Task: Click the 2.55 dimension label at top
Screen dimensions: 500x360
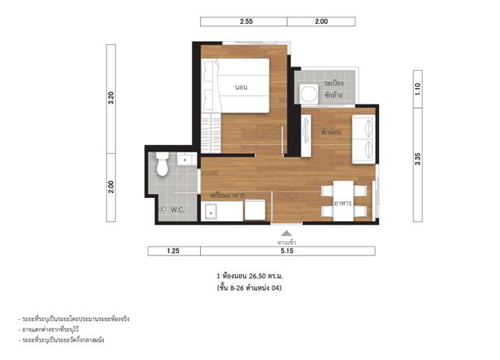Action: coord(246,22)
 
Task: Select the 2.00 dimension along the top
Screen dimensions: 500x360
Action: coord(321,22)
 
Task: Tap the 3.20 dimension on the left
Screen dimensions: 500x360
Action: coord(110,98)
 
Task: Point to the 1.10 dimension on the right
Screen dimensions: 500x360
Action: coord(418,89)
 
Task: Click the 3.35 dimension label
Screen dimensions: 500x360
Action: coord(418,159)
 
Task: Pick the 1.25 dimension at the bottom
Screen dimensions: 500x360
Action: coord(173,251)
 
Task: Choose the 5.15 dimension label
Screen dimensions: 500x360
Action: coord(287,251)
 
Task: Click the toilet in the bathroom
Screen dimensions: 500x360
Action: coord(162,164)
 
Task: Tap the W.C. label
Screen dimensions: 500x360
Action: coord(177,210)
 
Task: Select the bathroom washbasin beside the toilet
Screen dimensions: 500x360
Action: coord(187,159)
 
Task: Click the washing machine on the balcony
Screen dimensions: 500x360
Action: coord(309,94)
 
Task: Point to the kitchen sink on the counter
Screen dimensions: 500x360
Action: coord(210,211)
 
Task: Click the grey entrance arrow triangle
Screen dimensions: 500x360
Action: coord(287,233)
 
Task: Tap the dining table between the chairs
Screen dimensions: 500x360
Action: coord(343,200)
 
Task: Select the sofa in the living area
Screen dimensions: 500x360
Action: coord(363,139)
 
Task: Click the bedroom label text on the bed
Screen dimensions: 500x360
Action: coord(241,87)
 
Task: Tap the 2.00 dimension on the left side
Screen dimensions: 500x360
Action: coord(110,187)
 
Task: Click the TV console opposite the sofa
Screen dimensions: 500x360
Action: coord(306,135)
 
